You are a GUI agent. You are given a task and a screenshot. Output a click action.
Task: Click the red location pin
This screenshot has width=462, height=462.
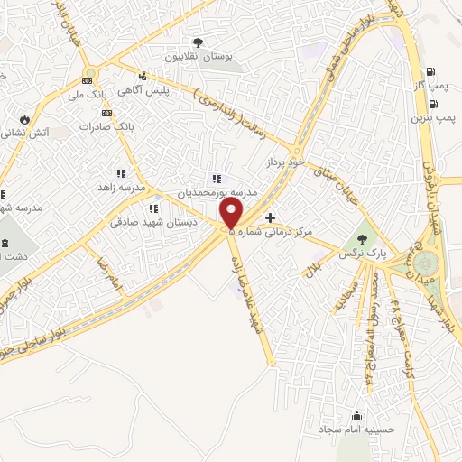click(x=232, y=213)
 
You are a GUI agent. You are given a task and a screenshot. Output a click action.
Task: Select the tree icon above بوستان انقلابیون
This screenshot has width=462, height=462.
click(x=198, y=42)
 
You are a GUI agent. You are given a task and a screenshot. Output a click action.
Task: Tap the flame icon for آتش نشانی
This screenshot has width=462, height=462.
click(x=24, y=118)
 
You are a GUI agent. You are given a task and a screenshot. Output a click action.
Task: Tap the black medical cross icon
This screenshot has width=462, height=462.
click(x=270, y=217)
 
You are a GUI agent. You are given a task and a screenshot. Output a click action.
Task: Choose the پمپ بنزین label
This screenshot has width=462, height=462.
click(x=430, y=117)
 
